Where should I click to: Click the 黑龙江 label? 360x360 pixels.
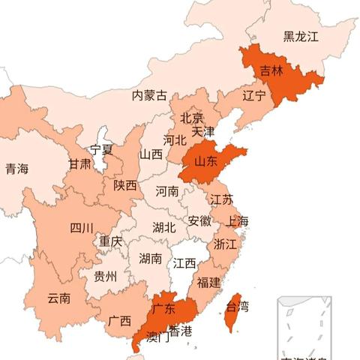coord(301,36)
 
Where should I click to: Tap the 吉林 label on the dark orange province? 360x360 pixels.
coord(271,71)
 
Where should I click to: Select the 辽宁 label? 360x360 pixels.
coord(254,96)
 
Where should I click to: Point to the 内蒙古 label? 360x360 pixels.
coord(149,96)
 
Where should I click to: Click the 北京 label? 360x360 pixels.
coord(191,118)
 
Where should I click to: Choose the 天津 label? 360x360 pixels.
coord(202,131)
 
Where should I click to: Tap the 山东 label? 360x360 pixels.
coord(206,161)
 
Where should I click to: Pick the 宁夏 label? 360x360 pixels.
coord(101,149)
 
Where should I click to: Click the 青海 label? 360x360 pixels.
coord(16,169)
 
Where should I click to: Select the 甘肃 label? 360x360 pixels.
coord(80,164)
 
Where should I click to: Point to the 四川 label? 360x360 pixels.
coord(82,228)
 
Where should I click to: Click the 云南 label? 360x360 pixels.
coord(58,298)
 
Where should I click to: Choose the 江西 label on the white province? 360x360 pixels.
coord(184,263)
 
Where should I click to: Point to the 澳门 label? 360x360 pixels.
coord(157,337)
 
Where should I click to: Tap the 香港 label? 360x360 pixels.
coord(180,331)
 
